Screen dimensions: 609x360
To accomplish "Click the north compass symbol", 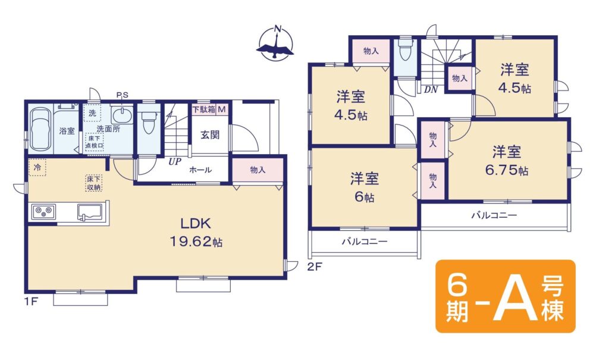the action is pyautogui.click(x=275, y=43).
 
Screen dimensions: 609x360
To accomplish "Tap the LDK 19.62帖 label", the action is pyautogui.click(x=196, y=233).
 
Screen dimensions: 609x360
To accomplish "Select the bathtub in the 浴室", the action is pyautogui.click(x=41, y=129).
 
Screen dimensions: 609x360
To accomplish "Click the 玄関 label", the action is pyautogui.click(x=210, y=135).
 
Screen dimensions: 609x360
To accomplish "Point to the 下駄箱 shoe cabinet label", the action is pyautogui.click(x=205, y=109).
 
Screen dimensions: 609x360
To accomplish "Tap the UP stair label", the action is pyautogui.click(x=175, y=162).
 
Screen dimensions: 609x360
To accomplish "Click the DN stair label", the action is pyautogui.click(x=431, y=90).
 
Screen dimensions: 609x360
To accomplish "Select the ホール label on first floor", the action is pyautogui.click(x=200, y=170).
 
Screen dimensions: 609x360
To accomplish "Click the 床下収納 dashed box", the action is pyautogui.click(x=94, y=183).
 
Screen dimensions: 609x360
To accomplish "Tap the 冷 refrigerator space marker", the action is pyautogui.click(x=37, y=168).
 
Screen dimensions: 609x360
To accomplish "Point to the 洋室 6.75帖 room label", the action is pyautogui.click(x=507, y=161).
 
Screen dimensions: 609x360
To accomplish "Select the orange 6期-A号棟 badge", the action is pyautogui.click(x=506, y=296).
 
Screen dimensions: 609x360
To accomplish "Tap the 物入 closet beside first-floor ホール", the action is pyautogui.click(x=258, y=170).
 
